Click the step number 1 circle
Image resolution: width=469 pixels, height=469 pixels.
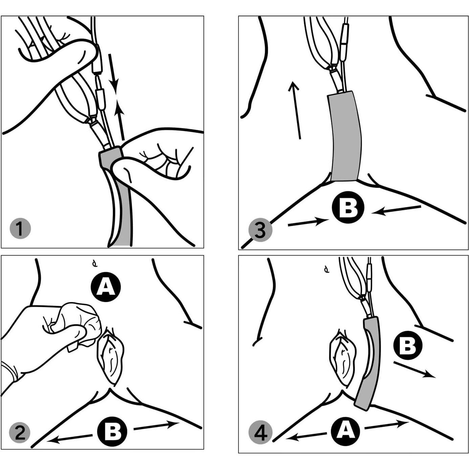20,228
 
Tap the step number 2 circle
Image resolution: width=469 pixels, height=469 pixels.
20,433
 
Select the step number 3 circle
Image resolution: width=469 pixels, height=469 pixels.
260,231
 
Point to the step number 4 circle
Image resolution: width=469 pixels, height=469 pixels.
260,433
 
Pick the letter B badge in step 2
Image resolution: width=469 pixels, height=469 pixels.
112,431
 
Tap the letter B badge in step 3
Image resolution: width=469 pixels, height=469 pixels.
348,208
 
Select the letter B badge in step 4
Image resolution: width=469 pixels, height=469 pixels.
408,346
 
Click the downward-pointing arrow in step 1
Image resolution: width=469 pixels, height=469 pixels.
113,71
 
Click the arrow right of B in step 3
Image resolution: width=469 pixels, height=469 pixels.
396,210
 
